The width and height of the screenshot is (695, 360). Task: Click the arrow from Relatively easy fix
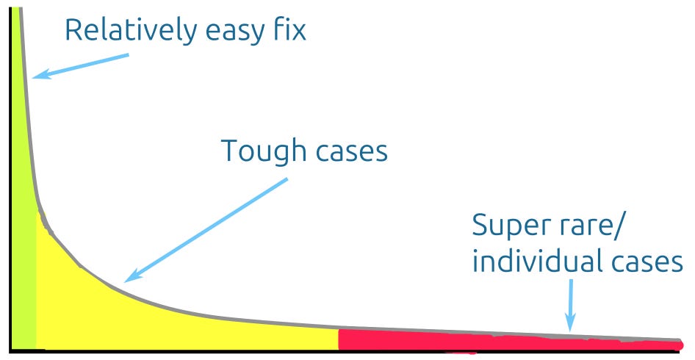tap(81, 64)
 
